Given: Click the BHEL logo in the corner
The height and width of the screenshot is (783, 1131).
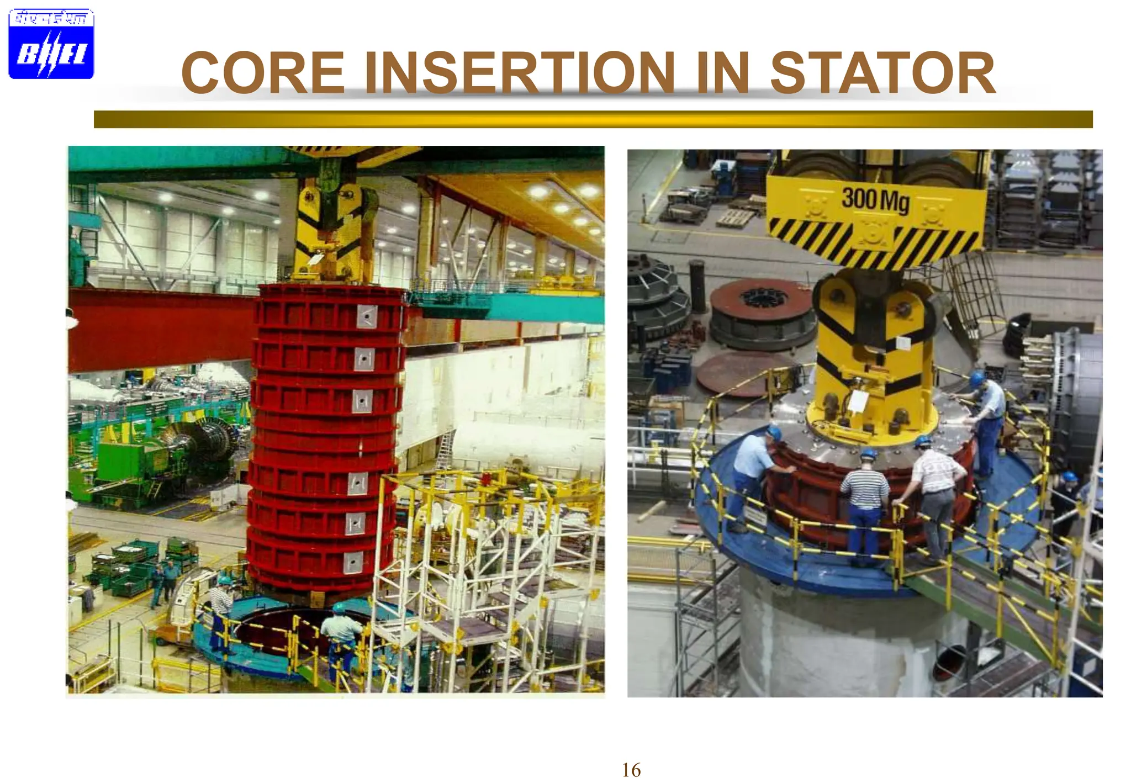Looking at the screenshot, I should [x=51, y=44].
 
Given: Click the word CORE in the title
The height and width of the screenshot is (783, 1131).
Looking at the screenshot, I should [x=263, y=73].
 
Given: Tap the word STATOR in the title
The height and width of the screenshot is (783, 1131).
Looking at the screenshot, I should [x=882, y=73].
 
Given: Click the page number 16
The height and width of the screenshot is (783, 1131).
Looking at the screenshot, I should [x=631, y=770].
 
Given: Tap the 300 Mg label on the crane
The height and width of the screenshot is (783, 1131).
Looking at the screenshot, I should [x=875, y=199].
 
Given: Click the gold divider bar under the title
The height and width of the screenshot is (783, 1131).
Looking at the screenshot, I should [x=593, y=119].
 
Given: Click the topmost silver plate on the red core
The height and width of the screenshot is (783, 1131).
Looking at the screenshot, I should [x=367, y=316].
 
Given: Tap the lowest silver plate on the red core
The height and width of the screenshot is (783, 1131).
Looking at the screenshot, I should [x=353, y=563].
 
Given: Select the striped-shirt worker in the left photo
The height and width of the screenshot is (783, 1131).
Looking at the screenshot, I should [x=221, y=613].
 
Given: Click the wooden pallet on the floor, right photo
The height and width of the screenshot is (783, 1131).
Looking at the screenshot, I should [x=734, y=217].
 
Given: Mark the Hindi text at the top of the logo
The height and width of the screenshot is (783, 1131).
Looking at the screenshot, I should [x=51, y=18].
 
